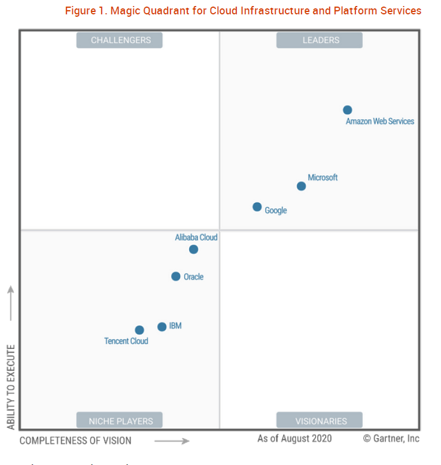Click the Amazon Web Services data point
point(347,110)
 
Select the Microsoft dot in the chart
point(302,186)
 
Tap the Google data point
point(257,207)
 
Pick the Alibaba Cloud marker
point(193,249)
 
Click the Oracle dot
point(176,276)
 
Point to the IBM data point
point(162,327)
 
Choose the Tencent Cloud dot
point(139,330)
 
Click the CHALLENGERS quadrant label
point(120,40)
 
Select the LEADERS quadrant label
point(320,40)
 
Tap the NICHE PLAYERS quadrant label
point(120,421)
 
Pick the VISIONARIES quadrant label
point(320,421)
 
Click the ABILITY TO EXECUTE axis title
point(11,387)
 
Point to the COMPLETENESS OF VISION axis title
point(75,441)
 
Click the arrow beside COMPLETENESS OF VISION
point(172,441)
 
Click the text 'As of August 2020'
point(294,439)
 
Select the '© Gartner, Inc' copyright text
point(391,439)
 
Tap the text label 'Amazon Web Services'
point(380,121)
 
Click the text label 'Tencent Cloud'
point(126,341)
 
